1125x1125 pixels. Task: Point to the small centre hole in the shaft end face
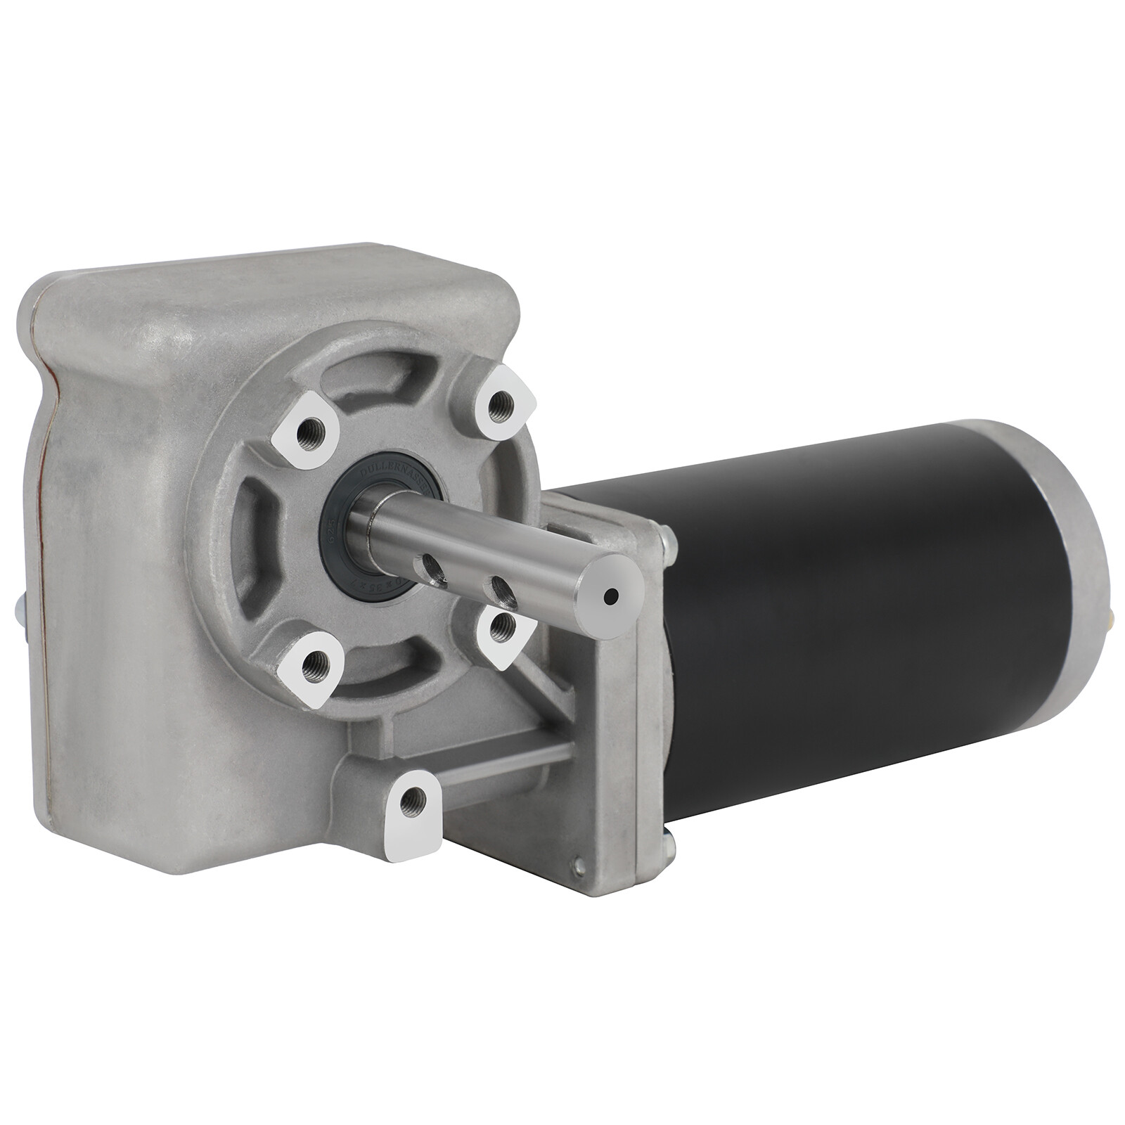coord(610,596)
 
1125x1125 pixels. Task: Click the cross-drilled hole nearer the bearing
coord(431,565)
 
